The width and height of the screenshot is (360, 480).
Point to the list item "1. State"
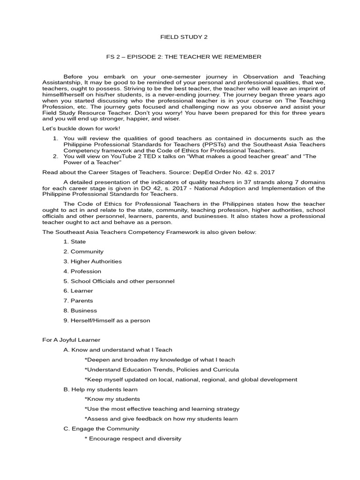(74, 242)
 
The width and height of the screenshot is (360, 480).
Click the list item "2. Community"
(83, 252)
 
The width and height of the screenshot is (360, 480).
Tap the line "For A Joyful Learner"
(71, 340)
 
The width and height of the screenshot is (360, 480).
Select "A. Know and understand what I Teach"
(118, 350)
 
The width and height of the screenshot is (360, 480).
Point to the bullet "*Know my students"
(112, 399)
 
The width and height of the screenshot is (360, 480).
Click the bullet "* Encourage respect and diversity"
(133, 439)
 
